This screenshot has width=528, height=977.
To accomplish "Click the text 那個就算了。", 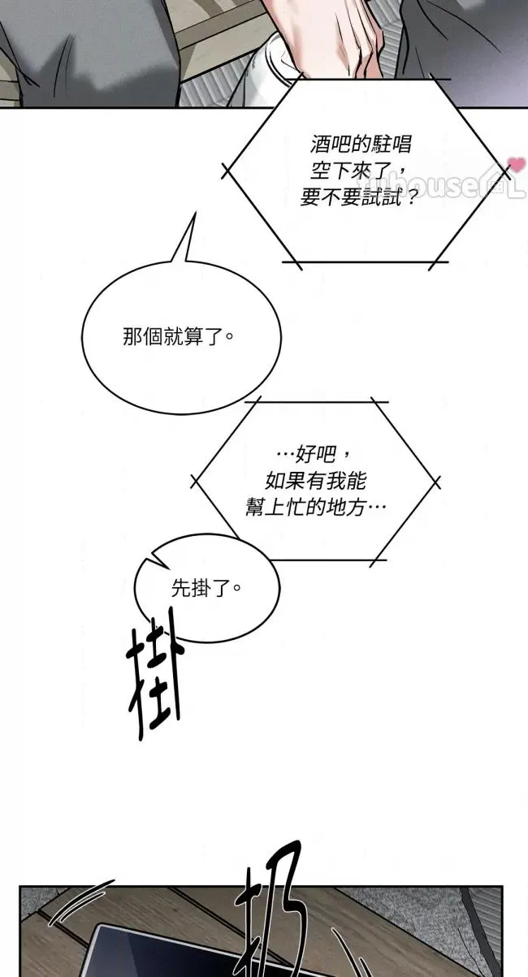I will (x=178, y=336).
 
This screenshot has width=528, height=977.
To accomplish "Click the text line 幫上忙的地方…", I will (x=316, y=505).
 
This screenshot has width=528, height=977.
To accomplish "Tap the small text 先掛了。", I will (x=206, y=587).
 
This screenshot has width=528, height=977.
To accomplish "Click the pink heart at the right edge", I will (x=516, y=165).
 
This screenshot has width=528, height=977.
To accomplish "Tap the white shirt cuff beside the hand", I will (x=272, y=65).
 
